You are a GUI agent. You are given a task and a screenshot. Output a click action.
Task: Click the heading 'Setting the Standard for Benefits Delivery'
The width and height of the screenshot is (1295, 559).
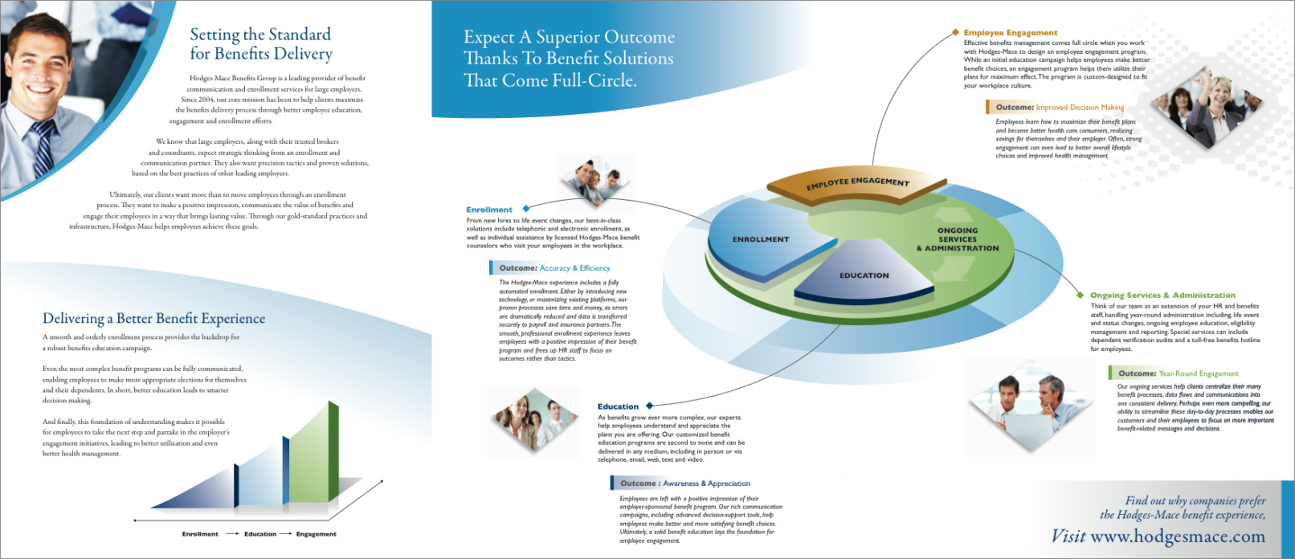tap(260, 44)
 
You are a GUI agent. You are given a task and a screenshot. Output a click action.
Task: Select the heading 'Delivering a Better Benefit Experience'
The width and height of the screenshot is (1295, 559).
tap(153, 319)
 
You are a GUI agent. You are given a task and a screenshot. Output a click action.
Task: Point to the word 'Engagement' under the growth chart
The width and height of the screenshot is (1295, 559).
tap(316, 534)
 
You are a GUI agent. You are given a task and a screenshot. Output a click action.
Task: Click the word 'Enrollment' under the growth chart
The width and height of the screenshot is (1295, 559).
tap(200, 534)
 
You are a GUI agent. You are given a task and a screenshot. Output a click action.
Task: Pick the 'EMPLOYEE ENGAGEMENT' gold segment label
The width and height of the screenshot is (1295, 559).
tap(857, 183)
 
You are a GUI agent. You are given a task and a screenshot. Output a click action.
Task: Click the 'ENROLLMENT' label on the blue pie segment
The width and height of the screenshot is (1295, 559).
tap(761, 239)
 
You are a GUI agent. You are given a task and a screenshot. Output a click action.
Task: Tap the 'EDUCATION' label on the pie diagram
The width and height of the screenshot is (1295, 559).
tap(864, 275)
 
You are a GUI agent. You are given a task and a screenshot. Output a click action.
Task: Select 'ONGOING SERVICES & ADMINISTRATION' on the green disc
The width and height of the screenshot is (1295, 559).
tap(958, 239)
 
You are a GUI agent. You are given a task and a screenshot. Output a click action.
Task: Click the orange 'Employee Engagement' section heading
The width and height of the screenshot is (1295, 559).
tap(1011, 33)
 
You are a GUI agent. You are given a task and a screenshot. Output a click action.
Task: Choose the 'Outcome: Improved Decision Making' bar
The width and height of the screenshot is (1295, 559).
tap(1059, 107)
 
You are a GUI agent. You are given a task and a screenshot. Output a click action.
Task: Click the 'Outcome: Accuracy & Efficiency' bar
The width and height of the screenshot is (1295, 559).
tap(554, 268)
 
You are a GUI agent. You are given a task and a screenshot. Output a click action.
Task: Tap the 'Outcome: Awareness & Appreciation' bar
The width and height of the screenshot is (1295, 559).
tap(684, 484)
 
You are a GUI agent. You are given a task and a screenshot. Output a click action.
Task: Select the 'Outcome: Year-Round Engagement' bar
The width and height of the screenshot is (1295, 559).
tap(1178, 373)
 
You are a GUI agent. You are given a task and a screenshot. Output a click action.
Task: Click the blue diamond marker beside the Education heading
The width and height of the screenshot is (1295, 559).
tap(650, 406)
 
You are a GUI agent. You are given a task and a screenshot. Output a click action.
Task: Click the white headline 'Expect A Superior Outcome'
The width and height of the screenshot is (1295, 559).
tap(569, 37)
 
